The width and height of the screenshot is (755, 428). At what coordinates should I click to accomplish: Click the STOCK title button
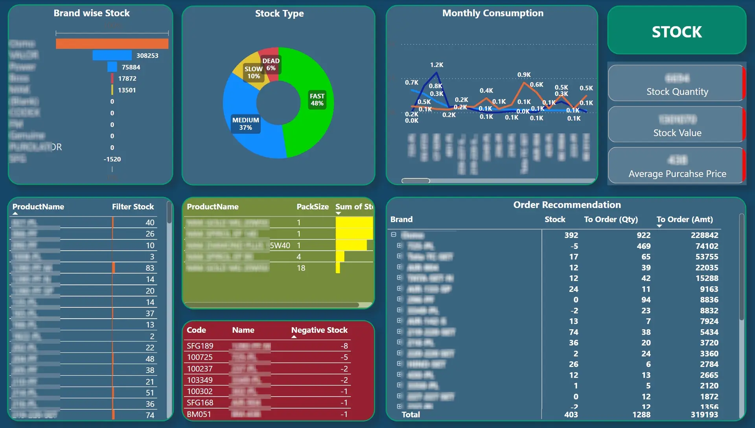pyautogui.click(x=676, y=31)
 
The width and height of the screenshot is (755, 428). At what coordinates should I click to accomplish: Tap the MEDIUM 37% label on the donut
pyautogui.click(x=245, y=124)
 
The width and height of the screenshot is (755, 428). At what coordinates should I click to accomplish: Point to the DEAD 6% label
pyautogui.click(x=271, y=64)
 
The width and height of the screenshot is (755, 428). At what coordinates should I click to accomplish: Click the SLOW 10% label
pyautogui.click(x=253, y=72)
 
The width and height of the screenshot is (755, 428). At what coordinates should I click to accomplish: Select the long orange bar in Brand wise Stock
pyautogui.click(x=112, y=44)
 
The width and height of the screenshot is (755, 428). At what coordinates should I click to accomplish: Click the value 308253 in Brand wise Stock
pyautogui.click(x=147, y=55)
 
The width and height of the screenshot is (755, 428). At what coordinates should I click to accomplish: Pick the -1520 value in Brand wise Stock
pyautogui.click(x=112, y=159)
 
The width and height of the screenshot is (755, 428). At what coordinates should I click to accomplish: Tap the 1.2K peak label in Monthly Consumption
pyautogui.click(x=436, y=65)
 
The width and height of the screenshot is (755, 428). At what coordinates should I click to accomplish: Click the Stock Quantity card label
pyautogui.click(x=677, y=92)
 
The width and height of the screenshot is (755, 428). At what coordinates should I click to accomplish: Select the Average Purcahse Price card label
pyautogui.click(x=677, y=174)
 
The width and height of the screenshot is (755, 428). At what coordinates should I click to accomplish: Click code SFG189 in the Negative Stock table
pyautogui.click(x=200, y=346)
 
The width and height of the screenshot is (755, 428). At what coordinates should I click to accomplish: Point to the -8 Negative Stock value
pyautogui.click(x=344, y=346)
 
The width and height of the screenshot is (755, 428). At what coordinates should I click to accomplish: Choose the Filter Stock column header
pyautogui.click(x=133, y=207)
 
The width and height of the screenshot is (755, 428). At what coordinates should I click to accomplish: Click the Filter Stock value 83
pyautogui.click(x=150, y=268)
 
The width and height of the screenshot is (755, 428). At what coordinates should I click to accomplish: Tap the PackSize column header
pyautogui.click(x=312, y=207)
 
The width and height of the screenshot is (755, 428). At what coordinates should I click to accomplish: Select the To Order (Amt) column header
pyautogui.click(x=684, y=220)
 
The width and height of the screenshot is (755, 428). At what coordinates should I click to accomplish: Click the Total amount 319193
pyautogui.click(x=704, y=414)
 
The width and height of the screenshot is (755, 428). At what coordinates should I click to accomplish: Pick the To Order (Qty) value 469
pyautogui.click(x=643, y=246)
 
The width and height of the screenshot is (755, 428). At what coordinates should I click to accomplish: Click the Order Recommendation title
pyautogui.click(x=567, y=205)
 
